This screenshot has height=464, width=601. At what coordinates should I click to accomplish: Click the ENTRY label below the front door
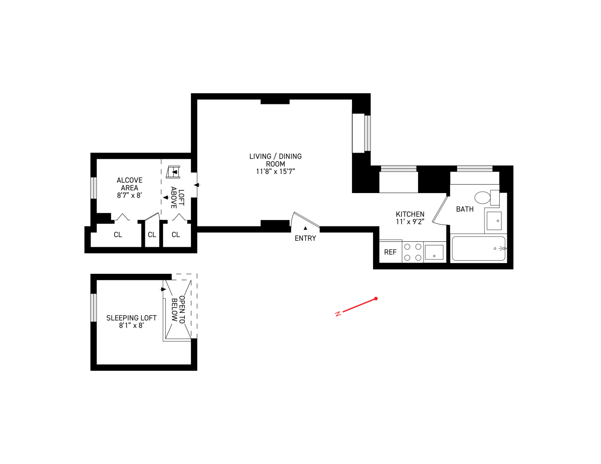click(x=305, y=238)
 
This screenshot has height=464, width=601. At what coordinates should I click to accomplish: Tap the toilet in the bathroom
click(x=483, y=198)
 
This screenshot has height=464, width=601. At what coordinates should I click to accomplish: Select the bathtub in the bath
click(x=478, y=249)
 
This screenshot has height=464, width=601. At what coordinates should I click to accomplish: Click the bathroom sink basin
click(x=494, y=220)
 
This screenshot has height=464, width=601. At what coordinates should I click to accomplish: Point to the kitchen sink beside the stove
click(x=434, y=252)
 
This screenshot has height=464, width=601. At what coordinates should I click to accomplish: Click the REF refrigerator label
click(x=390, y=252)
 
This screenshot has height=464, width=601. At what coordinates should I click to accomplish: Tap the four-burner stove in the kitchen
click(x=412, y=252)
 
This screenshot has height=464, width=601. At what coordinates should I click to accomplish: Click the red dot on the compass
click(x=376, y=298)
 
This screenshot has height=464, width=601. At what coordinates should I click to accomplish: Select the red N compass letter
click(x=338, y=314)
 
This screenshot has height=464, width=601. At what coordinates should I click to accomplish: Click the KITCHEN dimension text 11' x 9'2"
click(x=410, y=222)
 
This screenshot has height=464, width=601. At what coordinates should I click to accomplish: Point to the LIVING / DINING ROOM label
click(x=275, y=160)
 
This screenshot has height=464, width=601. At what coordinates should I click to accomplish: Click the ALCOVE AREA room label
click(x=130, y=184)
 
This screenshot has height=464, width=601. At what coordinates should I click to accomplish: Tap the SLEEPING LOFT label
click(x=131, y=318)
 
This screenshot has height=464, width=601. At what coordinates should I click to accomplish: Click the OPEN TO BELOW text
click(x=178, y=309)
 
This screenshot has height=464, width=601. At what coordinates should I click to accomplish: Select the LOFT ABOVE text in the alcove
click(x=177, y=197)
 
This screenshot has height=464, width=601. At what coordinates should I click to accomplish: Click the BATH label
click(x=464, y=209)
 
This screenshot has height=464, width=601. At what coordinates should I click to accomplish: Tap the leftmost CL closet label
click(x=118, y=235)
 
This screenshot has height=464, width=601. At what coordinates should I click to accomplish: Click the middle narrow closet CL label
click(x=152, y=235)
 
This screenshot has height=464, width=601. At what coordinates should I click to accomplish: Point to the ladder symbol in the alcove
click(x=173, y=172)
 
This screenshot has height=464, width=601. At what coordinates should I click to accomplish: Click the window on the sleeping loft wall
click(x=94, y=308)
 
